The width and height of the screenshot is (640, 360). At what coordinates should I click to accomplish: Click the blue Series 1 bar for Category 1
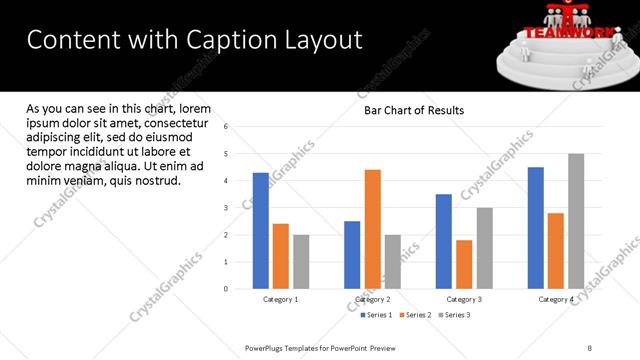pos(261,231)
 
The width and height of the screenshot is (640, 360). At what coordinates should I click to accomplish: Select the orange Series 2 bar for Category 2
pos(372,229)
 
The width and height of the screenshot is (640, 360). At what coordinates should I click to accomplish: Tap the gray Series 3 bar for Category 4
pos(576,221)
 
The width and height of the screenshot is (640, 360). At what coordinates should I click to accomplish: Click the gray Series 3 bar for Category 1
pos(301,262)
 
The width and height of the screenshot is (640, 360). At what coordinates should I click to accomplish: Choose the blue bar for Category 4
pos(536,228)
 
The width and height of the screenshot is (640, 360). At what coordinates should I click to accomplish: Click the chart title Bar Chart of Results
pos(414,111)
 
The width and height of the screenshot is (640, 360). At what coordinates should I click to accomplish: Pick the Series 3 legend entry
pos(455,315)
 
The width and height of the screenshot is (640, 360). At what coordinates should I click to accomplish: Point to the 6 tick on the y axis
pos(227,127)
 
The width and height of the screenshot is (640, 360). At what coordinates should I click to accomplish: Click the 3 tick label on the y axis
pos(227,208)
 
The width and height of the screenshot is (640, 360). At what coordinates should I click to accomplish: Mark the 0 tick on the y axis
pos(227,289)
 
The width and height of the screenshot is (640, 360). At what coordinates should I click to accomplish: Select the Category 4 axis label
pos(556,299)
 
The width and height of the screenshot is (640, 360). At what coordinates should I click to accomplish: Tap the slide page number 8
pos(590,347)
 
